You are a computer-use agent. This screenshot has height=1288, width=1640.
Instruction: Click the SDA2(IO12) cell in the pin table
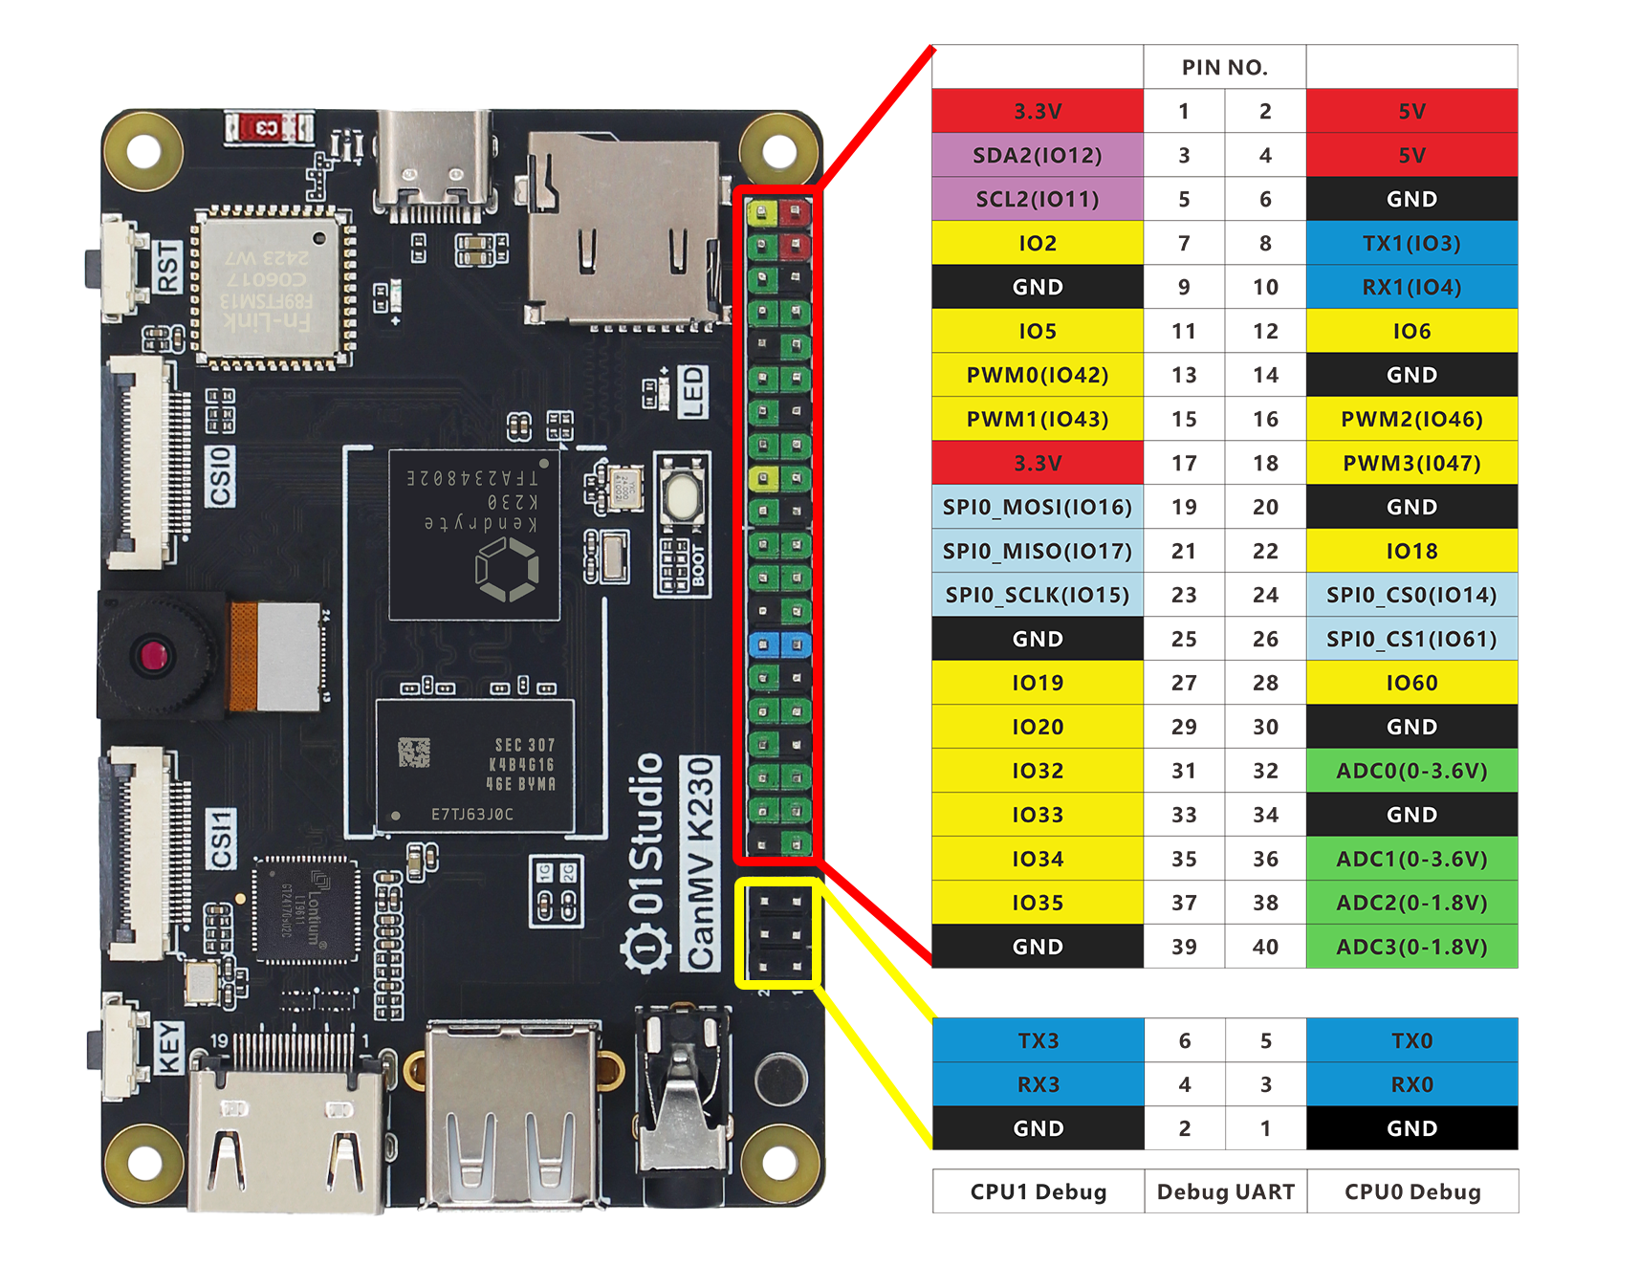(x=1038, y=155)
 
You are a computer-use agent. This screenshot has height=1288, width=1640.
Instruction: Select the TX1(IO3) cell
(x=1411, y=243)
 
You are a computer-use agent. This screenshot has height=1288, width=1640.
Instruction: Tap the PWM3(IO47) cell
(x=1411, y=463)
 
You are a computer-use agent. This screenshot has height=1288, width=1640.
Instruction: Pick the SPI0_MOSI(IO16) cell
(x=1038, y=507)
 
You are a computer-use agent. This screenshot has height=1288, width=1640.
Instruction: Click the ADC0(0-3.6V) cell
(x=1411, y=771)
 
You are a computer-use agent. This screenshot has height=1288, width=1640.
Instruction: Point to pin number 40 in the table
(x=1265, y=947)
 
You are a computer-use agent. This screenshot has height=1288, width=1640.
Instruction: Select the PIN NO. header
(x=1224, y=67)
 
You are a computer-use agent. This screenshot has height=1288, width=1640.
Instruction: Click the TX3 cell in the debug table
(x=1038, y=1040)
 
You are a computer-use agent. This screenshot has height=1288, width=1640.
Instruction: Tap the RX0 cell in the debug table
(x=1411, y=1084)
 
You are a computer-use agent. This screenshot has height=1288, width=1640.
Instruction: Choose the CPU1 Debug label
(x=1039, y=1191)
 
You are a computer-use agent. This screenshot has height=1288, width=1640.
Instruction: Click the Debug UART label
(x=1225, y=1191)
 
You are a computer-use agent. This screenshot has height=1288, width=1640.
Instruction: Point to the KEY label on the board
(x=169, y=1048)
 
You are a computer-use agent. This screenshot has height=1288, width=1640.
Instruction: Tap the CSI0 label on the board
(x=221, y=475)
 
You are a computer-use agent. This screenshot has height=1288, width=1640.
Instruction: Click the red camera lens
(x=153, y=656)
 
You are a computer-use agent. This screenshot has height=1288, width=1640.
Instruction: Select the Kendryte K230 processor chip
(x=474, y=535)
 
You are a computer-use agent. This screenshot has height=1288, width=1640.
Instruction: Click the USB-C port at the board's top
(x=436, y=163)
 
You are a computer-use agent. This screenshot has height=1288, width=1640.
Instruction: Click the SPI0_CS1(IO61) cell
(x=1411, y=639)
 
